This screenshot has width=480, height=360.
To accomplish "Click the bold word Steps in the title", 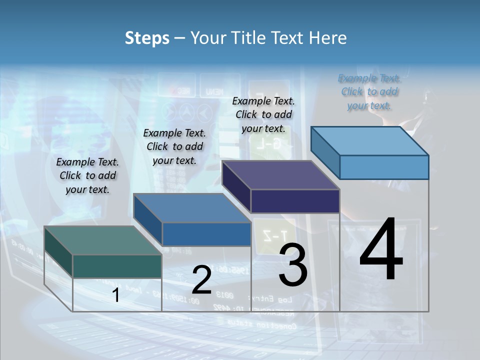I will click(147, 38).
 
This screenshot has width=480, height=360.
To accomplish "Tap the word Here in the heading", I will click(328, 38).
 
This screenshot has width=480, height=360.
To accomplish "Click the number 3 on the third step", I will click(293, 265).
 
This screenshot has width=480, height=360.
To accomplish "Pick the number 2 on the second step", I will click(201, 280).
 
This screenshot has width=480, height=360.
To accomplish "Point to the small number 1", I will click(116, 295).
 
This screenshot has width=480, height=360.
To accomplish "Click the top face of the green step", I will click(102, 240).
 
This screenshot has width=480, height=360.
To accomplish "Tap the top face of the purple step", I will click(280, 175).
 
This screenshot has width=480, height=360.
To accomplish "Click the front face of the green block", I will click(117, 266).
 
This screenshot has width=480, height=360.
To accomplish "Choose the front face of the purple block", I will click(295, 201).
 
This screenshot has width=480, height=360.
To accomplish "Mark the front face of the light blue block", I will click(384, 167).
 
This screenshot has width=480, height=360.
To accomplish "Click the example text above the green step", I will click(87, 175).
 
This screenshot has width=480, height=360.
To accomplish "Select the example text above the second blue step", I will click(174, 146).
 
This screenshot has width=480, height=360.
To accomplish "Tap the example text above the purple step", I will click(263, 114).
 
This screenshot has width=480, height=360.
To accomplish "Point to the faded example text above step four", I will click(369, 91).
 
